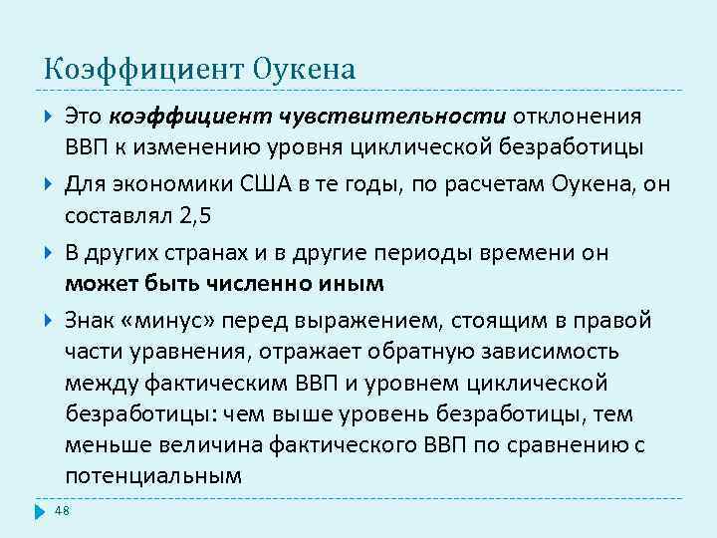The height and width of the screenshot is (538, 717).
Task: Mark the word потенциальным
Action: pyautogui.click(x=152, y=475)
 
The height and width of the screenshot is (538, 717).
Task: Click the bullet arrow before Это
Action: pyautogui.click(x=50, y=118)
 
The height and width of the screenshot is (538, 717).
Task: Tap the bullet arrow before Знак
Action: pyautogui.click(x=50, y=321)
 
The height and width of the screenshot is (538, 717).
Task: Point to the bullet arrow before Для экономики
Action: pyautogui.click(x=50, y=185)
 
